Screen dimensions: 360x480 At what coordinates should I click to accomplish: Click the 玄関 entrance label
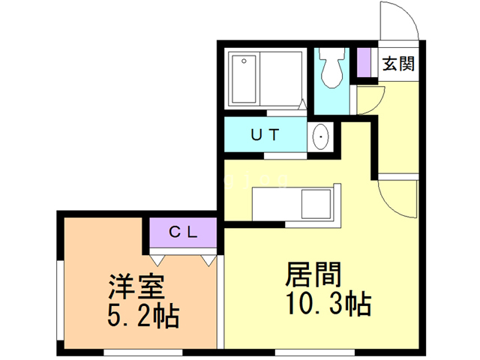[397, 64]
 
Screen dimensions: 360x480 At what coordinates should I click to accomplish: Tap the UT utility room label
[265, 136]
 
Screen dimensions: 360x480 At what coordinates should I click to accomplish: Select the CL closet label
[182, 232]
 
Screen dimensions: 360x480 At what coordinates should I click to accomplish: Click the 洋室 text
[136, 286]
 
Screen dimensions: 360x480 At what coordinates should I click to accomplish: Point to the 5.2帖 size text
[143, 316]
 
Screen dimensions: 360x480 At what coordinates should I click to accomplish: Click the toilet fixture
[330, 69]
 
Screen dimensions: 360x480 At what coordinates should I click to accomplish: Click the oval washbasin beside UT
[320, 137]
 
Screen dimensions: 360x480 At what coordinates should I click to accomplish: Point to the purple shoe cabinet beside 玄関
[365, 64]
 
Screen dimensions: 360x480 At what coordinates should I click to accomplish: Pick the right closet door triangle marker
[208, 259]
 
